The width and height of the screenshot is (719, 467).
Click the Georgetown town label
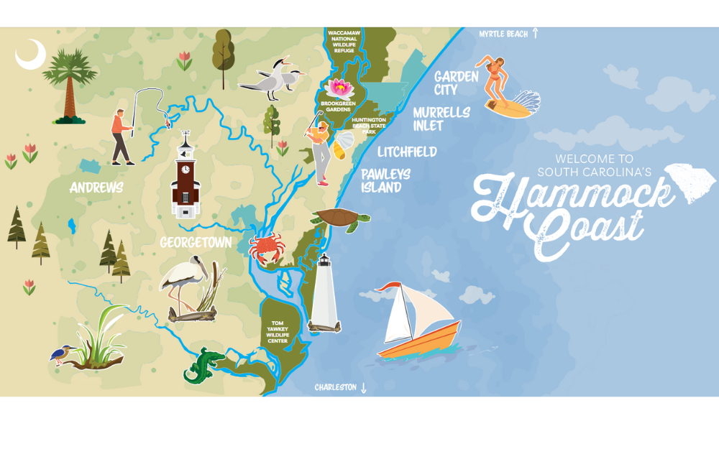tap(196, 243)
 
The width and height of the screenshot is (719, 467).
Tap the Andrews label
tap(96, 188)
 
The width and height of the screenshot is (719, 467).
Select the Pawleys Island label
tap(385, 181)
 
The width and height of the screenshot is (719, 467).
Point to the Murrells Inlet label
tap(441, 119)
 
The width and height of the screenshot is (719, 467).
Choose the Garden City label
tap(456, 83)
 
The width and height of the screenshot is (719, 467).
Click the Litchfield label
tap(407, 152)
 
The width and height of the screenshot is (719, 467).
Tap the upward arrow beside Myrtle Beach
tap(535, 33)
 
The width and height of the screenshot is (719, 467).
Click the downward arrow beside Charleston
tap(363, 388)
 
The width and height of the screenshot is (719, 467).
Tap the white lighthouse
tap(324, 295)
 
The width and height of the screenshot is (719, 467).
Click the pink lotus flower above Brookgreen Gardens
tap(339, 88)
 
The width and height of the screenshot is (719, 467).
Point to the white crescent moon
tap(30, 55)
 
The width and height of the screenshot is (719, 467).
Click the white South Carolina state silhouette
tap(691, 182)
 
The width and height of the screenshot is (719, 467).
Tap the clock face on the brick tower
tap(186, 170)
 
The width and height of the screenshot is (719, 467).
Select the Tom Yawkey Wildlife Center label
tap(278, 332)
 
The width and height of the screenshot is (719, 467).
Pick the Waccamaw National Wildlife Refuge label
tap(344, 42)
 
